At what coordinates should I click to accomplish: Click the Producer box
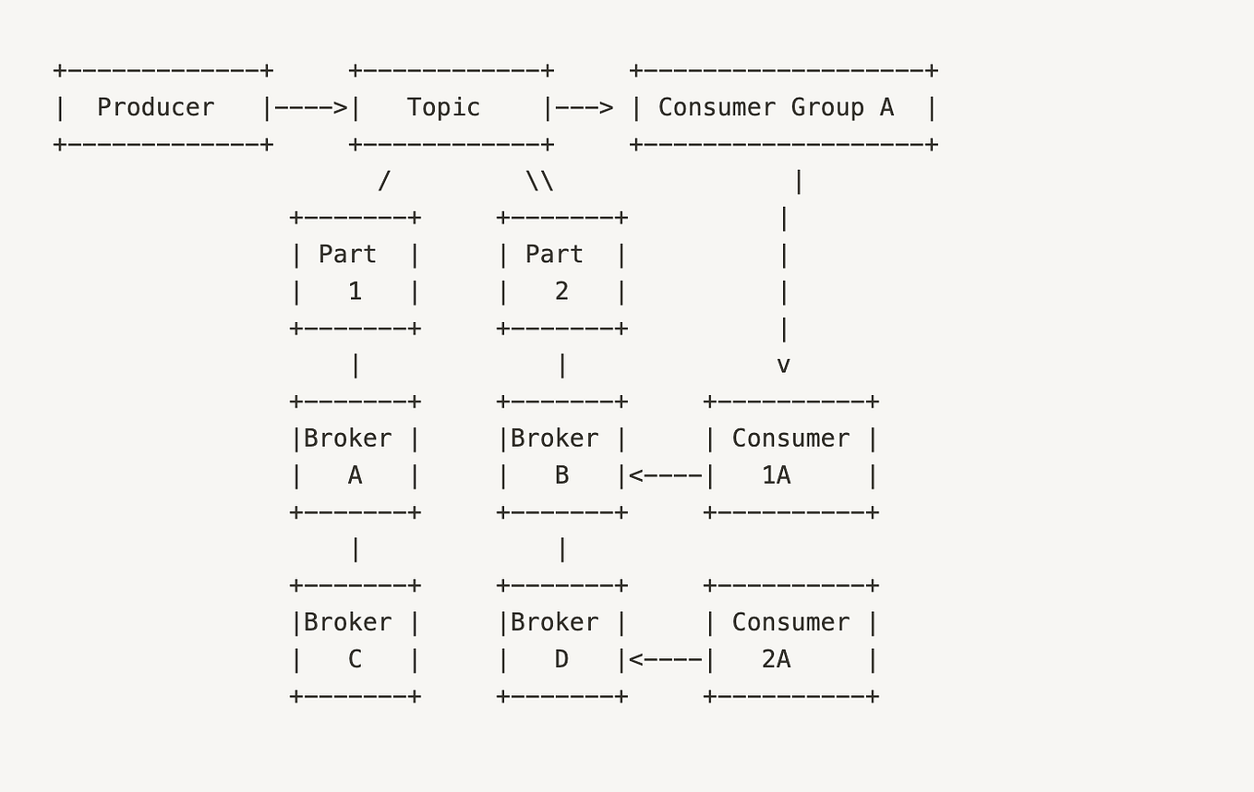[163, 108]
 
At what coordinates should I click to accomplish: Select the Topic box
[451, 108]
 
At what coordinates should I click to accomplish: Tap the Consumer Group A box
[783, 108]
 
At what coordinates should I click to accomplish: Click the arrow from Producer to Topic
[311, 108]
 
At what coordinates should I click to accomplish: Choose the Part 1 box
[355, 273]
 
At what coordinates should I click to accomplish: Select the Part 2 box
[561, 273]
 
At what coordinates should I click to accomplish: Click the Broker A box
[355, 457]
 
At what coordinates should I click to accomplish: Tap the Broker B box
[561, 457]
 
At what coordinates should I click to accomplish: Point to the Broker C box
[355, 641]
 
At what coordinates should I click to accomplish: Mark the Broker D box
[561, 641]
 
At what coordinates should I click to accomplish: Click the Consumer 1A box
[790, 457]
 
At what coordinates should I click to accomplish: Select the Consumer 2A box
[790, 641]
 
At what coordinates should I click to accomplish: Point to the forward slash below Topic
[384, 181]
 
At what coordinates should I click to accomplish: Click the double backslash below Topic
[539, 181]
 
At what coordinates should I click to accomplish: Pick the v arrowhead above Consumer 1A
[783, 366]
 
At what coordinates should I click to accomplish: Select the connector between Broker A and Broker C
[356, 549]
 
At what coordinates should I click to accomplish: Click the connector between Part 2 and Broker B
[562, 366]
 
